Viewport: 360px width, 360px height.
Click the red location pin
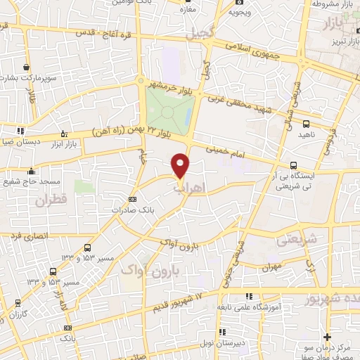click(181, 165)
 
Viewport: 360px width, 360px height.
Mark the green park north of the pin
click(170, 111)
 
